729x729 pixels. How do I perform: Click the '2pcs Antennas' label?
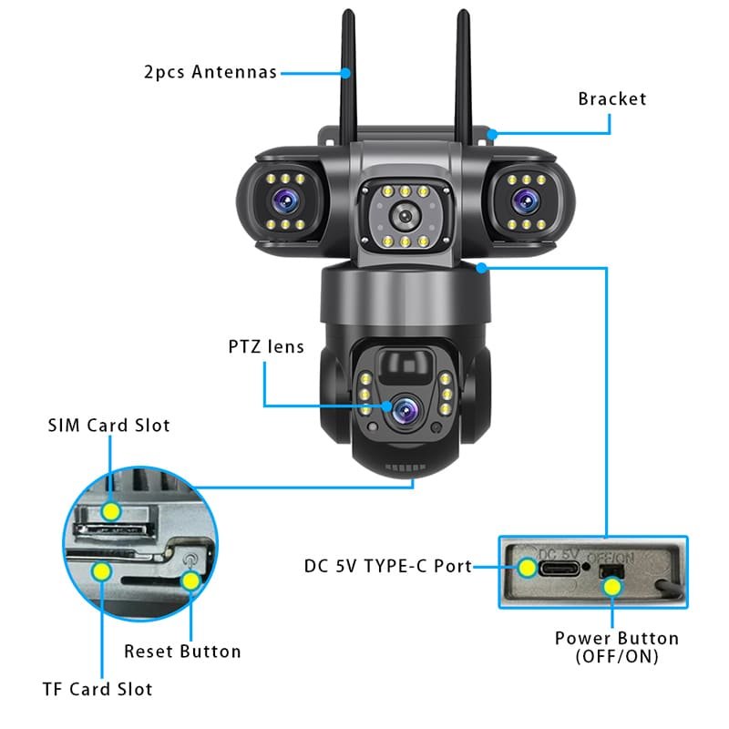pyautogui.click(x=210, y=72)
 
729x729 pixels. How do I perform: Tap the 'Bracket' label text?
pyautogui.click(x=611, y=98)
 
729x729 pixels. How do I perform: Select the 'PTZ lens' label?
pyautogui.click(x=265, y=346)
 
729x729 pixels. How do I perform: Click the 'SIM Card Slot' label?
pyautogui.click(x=108, y=426)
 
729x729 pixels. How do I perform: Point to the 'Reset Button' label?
pyautogui.click(x=182, y=652)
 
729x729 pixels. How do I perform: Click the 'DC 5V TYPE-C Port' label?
pyautogui.click(x=388, y=566)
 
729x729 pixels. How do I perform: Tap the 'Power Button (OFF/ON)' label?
pyautogui.click(x=617, y=645)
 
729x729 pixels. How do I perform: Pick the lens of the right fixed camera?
pyautogui.click(x=522, y=198)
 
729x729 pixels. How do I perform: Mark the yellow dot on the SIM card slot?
pyautogui.click(x=110, y=511)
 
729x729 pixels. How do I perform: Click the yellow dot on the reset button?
pyautogui.click(x=190, y=580)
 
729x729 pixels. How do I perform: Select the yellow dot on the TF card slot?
pyautogui.click(x=102, y=571)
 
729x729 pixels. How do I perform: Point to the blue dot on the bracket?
pyautogui.click(x=492, y=134)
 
